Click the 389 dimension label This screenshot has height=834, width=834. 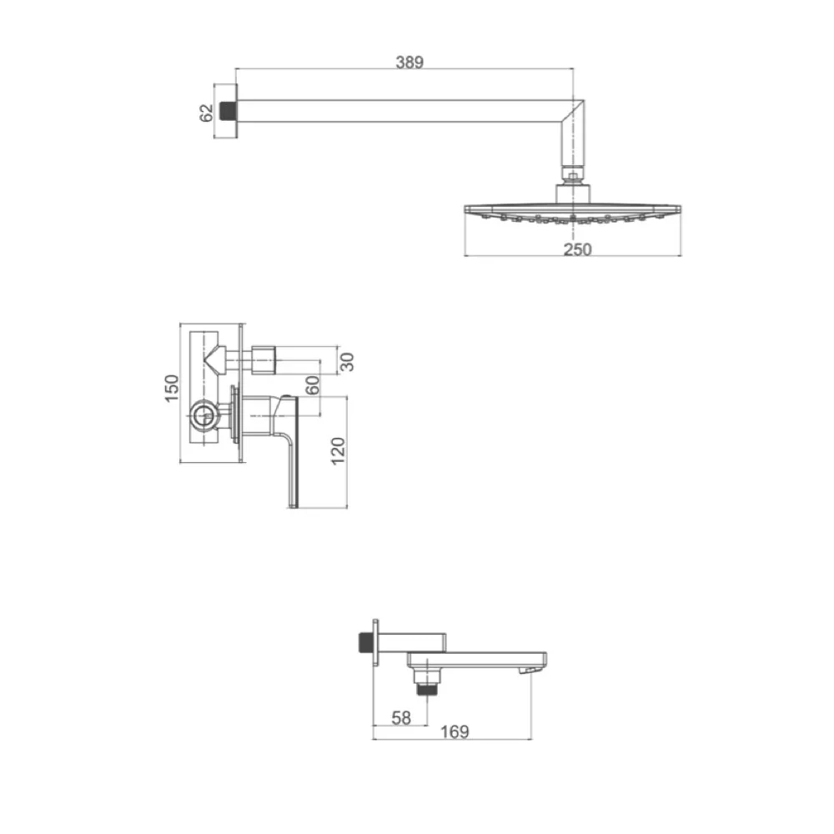tap(409, 63)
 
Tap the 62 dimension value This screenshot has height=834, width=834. tap(206, 113)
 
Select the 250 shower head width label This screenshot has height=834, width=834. tap(577, 249)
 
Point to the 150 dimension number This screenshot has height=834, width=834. tap(172, 389)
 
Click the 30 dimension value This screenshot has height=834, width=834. tap(346, 362)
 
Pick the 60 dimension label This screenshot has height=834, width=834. tap(313, 384)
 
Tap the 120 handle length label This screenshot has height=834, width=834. tap(338, 451)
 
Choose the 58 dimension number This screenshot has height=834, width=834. tap(401, 718)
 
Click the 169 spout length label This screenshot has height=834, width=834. tap(455, 732)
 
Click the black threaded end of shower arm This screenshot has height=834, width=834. tap(229, 111)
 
